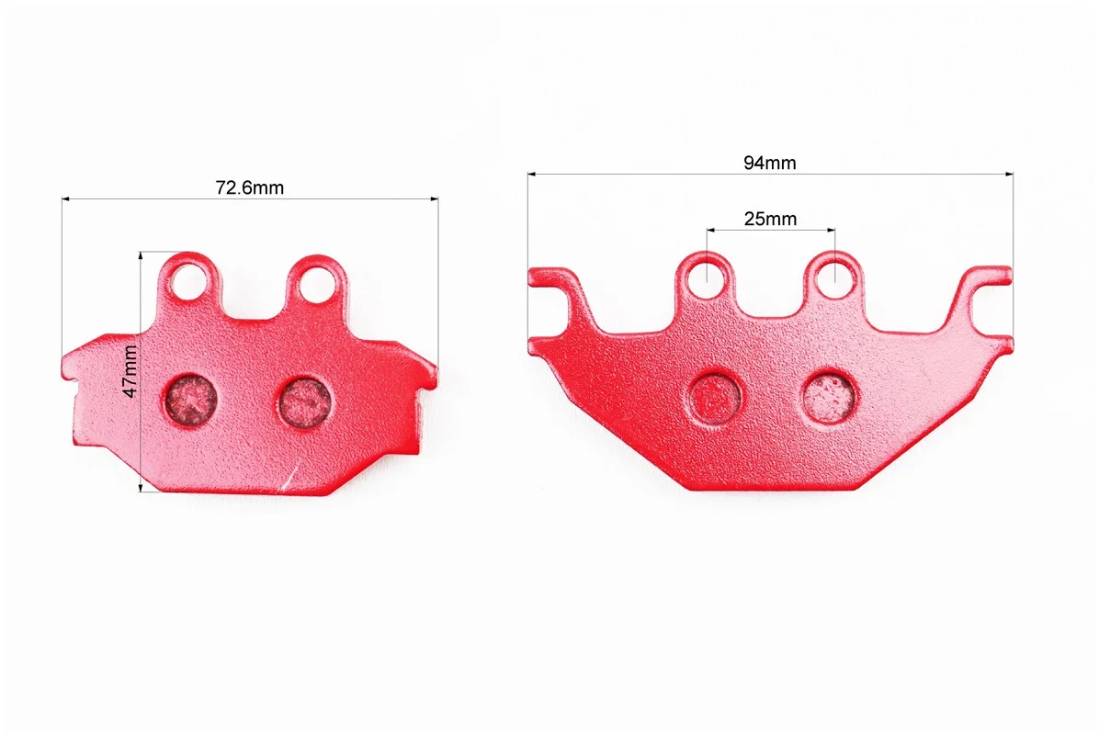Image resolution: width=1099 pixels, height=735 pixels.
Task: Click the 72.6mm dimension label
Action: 250,187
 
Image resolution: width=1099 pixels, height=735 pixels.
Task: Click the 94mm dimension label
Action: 770,163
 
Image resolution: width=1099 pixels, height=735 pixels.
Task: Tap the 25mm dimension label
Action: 770,220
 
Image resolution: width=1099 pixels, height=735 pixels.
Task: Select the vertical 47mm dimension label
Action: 130,371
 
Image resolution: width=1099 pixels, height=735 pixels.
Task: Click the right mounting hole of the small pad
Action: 317,284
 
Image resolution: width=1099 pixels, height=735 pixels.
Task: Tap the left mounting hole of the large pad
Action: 707,277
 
